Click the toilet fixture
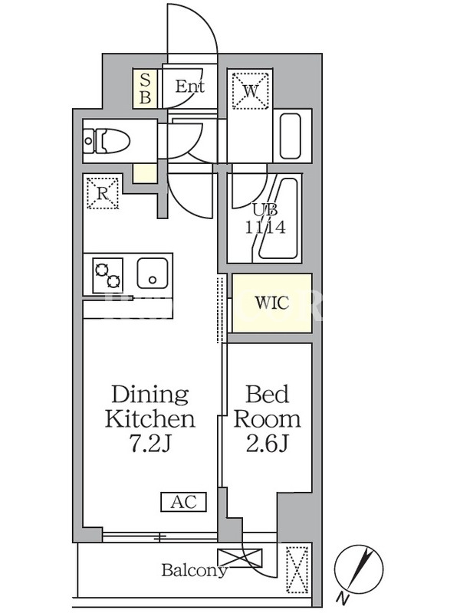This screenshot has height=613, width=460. click(x=107, y=141)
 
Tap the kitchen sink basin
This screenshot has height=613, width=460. click(x=153, y=274)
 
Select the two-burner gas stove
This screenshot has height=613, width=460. click(x=108, y=275)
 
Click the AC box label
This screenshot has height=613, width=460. click(x=183, y=502)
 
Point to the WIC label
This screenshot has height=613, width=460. click(x=272, y=303)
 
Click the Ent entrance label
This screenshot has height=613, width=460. click(x=189, y=87)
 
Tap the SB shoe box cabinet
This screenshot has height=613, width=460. click(x=145, y=89)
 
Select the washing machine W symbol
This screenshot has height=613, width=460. click(x=251, y=90)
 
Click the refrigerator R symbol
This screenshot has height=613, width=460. click(x=103, y=193)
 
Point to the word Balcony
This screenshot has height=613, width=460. click(x=195, y=570)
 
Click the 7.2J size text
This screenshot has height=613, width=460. click(x=149, y=444)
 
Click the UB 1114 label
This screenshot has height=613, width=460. click(x=265, y=219)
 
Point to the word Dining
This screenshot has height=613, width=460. click(x=150, y=395)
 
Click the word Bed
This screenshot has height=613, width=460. click(x=267, y=394)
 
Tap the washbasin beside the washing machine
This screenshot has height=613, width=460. click(x=291, y=136)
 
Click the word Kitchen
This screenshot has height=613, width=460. click(x=149, y=419)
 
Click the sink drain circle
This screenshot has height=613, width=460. click(x=153, y=280)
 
